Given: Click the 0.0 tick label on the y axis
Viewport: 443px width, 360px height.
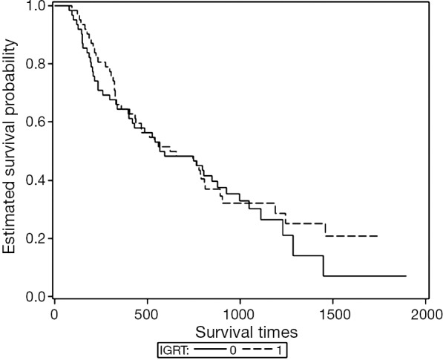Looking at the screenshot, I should click(x=36, y=297).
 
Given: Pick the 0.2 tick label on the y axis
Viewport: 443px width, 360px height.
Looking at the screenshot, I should click(x=36, y=238).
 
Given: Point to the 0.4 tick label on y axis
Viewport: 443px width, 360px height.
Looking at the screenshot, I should click(x=36, y=180).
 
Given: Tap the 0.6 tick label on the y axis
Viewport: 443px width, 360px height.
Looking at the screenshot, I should click(x=36, y=122).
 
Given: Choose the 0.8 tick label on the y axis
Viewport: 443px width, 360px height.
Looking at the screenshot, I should click(x=36, y=64).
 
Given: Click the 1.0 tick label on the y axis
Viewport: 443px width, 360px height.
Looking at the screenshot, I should click(x=36, y=6).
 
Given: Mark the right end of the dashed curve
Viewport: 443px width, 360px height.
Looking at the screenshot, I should click(x=378, y=236).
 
